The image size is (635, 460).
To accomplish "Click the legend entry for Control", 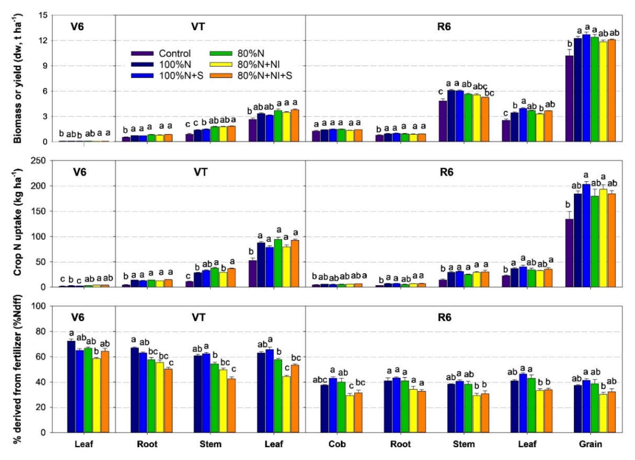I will [x=174, y=53].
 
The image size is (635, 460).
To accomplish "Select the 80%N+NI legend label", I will [x=258, y=65].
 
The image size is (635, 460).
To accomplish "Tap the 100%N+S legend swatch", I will [x=142, y=76].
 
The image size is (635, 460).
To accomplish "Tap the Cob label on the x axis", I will [x=337, y=444].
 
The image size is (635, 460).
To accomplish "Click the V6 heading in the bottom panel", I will [x=78, y=317].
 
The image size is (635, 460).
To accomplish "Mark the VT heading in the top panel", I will [x=198, y=27].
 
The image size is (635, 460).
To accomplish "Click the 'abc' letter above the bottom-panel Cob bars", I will [x=320, y=380].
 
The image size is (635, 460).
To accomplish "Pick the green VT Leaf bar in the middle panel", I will [x=278, y=263].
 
